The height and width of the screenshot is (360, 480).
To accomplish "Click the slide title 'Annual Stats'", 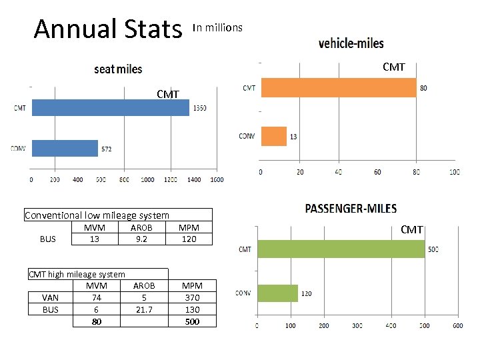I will pyautogui.click(x=108, y=29).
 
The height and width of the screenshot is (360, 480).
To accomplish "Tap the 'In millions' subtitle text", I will pyautogui.click(x=217, y=27).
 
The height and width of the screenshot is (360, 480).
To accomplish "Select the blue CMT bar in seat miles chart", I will pyautogui.click(x=110, y=107).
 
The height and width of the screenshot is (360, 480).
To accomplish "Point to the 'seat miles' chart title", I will pyautogui.click(x=118, y=69).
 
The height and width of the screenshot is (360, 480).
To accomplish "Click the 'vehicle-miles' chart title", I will pyautogui.click(x=351, y=43).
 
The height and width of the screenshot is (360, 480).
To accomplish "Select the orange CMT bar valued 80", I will pyautogui.click(x=338, y=87).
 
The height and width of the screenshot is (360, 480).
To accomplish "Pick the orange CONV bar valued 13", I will pyautogui.click(x=273, y=136).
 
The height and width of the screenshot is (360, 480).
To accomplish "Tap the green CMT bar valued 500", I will pyautogui.click(x=341, y=249).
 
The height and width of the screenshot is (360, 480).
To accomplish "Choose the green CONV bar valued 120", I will pyautogui.click(x=277, y=293).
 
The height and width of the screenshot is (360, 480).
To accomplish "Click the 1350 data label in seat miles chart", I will pyautogui.click(x=199, y=108).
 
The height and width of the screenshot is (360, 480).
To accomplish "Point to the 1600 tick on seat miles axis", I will pyautogui.click(x=216, y=180).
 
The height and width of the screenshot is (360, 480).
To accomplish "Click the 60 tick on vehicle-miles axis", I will pyautogui.click(x=377, y=172).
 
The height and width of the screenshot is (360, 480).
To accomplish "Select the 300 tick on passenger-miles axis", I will pyautogui.click(x=358, y=326).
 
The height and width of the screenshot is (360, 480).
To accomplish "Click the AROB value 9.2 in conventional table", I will pyautogui.click(x=141, y=239).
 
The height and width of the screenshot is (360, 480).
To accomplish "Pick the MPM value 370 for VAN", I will pyautogui.click(x=192, y=298).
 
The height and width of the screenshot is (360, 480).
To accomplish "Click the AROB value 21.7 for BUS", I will pyautogui.click(x=143, y=309).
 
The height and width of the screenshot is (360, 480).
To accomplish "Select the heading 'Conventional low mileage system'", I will pyautogui.click(x=97, y=215).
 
